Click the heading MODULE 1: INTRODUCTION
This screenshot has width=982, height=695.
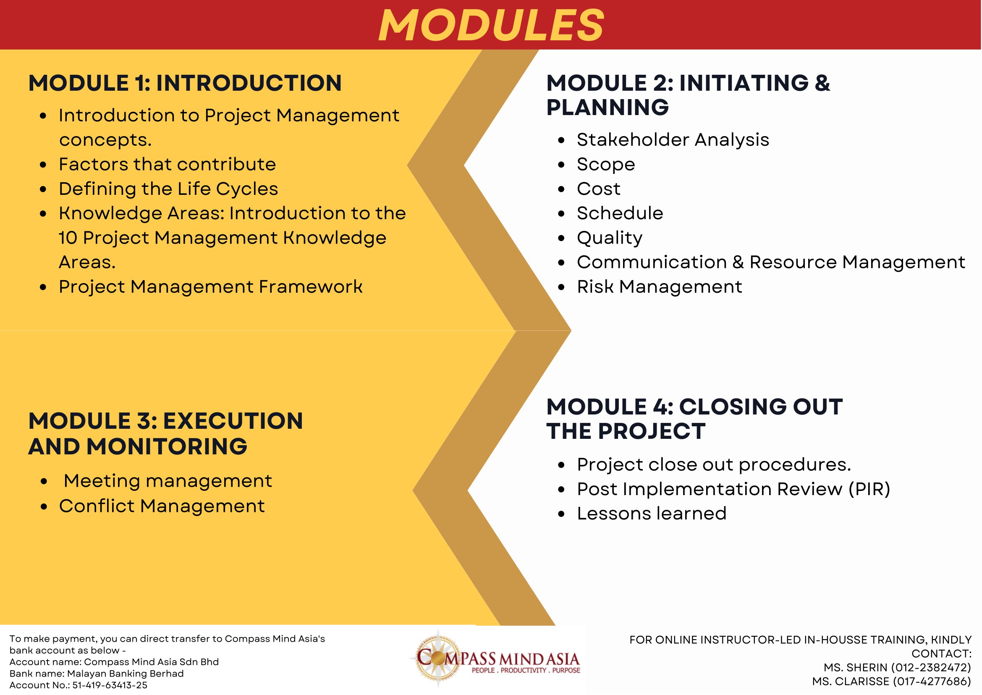[185, 83]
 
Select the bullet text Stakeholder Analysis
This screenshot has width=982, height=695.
[672, 140]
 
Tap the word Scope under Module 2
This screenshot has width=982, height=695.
[605, 164]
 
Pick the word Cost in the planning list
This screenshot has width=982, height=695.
[598, 189]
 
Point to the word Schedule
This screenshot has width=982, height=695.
[620, 213]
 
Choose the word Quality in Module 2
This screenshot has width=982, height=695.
[609, 238]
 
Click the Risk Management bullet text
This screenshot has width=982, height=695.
[659, 287]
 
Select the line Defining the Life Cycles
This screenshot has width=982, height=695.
[168, 189]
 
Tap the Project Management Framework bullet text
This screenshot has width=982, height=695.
[210, 287]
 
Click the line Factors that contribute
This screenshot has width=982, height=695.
[167, 164]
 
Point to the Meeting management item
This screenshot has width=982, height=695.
[168, 481]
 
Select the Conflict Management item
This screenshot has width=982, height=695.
[162, 506]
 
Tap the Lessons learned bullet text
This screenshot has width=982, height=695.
[651, 514]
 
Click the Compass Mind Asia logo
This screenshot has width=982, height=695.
[496, 659]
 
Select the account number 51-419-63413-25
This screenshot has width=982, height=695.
[110, 685]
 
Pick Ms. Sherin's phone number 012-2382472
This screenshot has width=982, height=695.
[931, 668]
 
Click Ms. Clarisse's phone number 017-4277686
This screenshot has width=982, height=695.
[931, 681]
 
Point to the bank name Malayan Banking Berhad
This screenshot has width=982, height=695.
[126, 674]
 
